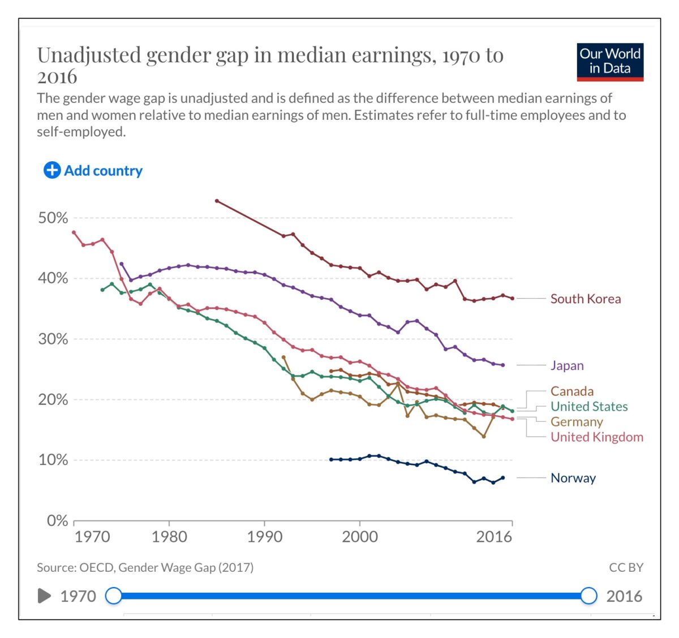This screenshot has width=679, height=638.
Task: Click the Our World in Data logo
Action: tap(610, 62)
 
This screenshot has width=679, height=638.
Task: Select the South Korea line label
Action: tap(585, 299)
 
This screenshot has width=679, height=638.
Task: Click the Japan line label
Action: tap(567, 365)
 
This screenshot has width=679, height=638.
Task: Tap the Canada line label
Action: tap(571, 391)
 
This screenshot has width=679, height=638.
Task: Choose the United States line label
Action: tap(588, 407)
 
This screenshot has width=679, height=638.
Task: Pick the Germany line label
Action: tap(576, 422)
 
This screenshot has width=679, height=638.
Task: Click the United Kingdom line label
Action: tap(596, 437)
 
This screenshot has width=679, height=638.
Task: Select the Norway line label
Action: tap(573, 478)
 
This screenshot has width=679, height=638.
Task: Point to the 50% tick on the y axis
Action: tap(53, 218)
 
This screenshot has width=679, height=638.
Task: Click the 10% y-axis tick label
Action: tap(53, 460)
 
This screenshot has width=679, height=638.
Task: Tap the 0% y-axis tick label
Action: tap(57, 520)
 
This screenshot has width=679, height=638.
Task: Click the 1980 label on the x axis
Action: tap(169, 537)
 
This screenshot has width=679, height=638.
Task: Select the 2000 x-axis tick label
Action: tap(359, 537)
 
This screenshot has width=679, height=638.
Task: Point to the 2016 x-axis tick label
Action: tap(493, 537)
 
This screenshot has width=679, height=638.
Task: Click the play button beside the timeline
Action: tap(44, 596)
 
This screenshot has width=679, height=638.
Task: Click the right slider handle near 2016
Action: tap(589, 596)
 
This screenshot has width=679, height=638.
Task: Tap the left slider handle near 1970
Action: tap(114, 596)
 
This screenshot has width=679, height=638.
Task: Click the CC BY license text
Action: tap(626, 567)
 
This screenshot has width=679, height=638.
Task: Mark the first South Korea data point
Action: tap(217, 201)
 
